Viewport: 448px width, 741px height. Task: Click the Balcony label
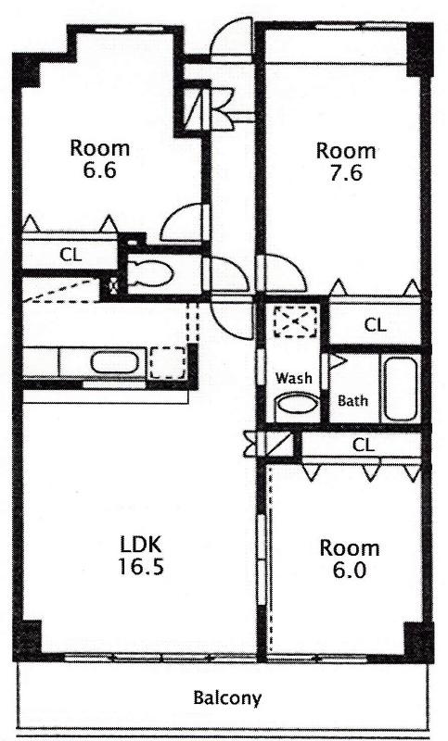click(227, 697)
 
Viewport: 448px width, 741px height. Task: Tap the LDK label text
click(140, 545)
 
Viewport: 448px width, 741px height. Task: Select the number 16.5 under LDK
click(140, 566)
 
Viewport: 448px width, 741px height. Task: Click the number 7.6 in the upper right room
click(346, 173)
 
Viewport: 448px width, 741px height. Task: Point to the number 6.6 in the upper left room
click(100, 170)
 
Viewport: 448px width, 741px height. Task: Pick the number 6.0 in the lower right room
click(349, 571)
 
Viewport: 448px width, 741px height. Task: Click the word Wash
click(294, 378)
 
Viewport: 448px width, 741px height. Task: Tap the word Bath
click(352, 401)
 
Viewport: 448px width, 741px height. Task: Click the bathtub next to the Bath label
click(400, 389)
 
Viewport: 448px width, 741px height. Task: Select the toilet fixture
click(149, 274)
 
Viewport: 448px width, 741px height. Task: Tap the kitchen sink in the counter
click(115, 363)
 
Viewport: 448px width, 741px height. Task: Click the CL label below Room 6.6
click(70, 256)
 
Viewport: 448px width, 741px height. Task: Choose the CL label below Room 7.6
click(375, 325)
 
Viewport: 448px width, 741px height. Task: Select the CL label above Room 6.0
click(364, 445)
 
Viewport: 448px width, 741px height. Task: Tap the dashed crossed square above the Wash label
click(296, 321)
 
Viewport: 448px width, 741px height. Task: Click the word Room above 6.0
click(349, 548)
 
